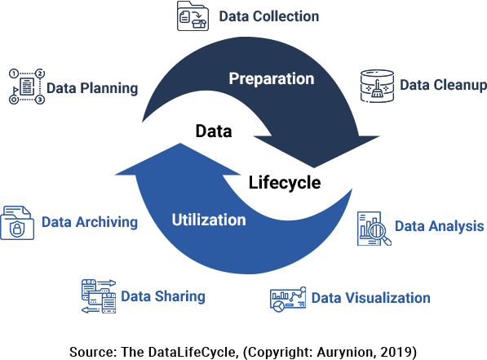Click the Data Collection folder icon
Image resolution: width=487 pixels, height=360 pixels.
click(x=193, y=16)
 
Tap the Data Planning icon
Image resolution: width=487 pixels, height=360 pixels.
click(x=27, y=87)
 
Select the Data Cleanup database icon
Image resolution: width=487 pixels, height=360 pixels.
click(x=377, y=86)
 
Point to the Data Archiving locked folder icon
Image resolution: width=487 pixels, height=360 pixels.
click(x=17, y=223)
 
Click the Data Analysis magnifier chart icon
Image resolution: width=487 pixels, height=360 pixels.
click(x=374, y=229)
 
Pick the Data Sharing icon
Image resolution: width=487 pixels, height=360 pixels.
click(x=99, y=296)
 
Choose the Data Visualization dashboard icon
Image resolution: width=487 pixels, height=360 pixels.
click(x=288, y=300)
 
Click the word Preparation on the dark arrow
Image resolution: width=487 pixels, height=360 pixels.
click(x=272, y=79)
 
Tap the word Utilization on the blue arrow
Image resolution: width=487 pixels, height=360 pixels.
click(x=209, y=220)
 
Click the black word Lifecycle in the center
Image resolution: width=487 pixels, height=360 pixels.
click(x=285, y=183)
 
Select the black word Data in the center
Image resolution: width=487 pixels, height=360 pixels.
click(x=214, y=131)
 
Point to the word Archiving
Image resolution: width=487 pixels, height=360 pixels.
click(x=107, y=223)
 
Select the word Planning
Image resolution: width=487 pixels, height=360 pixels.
click(x=109, y=88)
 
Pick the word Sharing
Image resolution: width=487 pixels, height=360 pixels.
click(x=179, y=296)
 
